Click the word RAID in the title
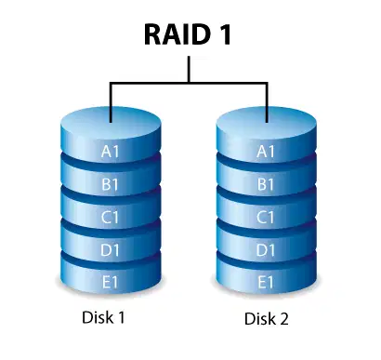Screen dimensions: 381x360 177,34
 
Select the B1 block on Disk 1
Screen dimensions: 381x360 111,184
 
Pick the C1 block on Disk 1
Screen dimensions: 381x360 111,217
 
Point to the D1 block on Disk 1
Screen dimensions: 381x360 111,249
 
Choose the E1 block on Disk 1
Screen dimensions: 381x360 111,282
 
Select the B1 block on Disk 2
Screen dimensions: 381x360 266,184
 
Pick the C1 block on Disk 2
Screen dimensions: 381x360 266,217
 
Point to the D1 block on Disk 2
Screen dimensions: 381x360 266,249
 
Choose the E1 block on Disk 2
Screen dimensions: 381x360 266,282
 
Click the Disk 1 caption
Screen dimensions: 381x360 103,317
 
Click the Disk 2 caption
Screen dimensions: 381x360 267,318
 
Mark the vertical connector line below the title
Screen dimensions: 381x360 189,69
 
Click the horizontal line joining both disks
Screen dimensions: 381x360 189,83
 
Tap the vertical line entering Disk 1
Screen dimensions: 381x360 111,102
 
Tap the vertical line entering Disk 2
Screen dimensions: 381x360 267,102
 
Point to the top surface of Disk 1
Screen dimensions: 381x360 111,124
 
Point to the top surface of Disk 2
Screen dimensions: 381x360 267,124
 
